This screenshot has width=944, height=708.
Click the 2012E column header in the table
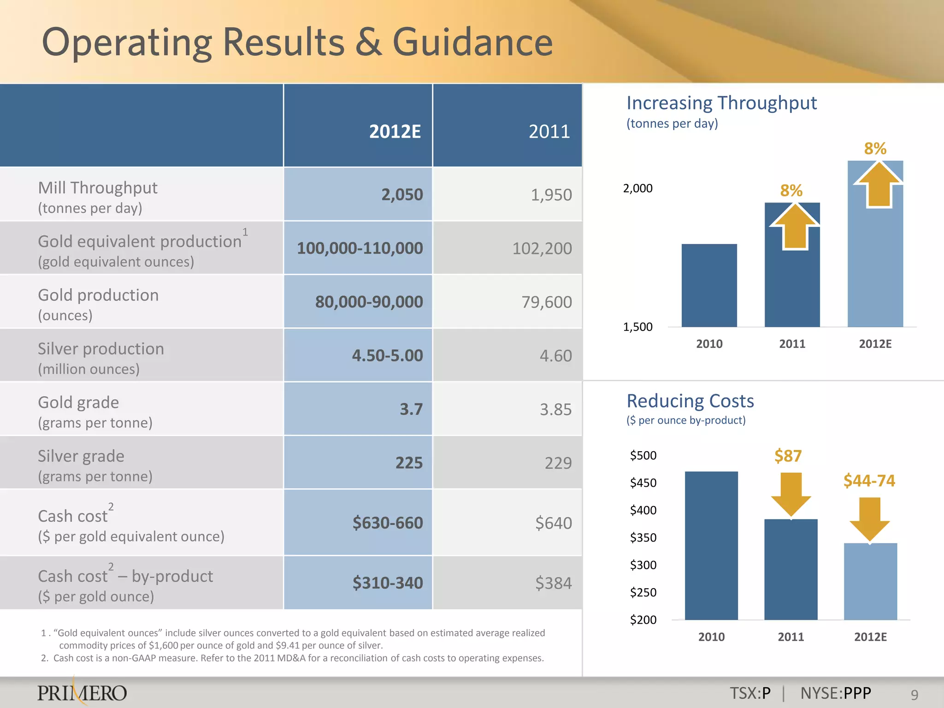395,132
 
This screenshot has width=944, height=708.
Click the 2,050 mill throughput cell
401,195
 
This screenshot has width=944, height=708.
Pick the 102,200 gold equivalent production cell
542,248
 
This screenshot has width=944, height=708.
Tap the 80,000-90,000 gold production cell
369,302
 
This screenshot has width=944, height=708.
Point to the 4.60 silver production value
555,356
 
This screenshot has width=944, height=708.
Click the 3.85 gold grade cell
555,409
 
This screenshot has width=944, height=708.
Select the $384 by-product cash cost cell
553,583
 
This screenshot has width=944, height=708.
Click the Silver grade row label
81,456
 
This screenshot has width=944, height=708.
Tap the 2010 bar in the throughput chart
709,286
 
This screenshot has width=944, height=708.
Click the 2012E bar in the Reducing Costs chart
870,582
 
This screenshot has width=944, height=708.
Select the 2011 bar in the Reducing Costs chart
791,570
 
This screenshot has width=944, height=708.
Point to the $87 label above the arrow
788,456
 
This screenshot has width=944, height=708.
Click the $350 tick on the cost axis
643,538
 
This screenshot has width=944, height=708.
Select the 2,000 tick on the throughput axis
637,189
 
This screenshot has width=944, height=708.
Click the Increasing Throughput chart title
721,103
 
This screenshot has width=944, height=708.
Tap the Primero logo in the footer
82,692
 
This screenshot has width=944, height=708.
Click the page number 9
914,695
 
